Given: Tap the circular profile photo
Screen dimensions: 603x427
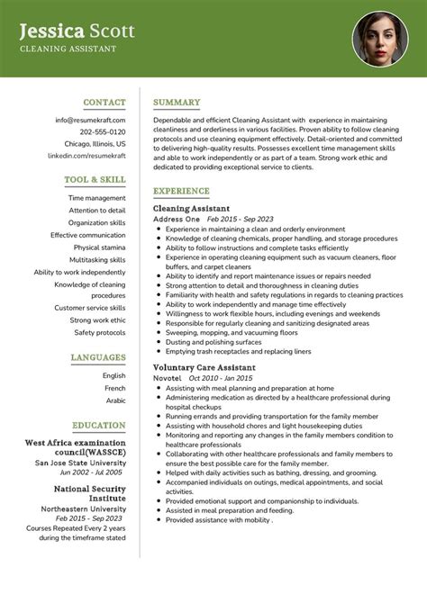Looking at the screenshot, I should coord(380,39).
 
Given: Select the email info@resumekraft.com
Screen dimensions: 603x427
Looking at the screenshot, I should coord(90,120).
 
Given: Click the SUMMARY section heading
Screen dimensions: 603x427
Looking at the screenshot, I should coord(177,103).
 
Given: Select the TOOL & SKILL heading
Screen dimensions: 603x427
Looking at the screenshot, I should coord(95,179).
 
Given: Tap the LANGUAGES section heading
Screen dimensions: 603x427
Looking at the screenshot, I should coord(97,357).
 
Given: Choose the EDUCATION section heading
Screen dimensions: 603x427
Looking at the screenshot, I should coord(99,425).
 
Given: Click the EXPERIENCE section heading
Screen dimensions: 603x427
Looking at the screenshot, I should coord(181,191).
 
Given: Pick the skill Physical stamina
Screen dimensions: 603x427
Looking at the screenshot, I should coord(99,247).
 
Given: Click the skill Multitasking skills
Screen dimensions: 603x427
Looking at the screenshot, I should coord(97,259).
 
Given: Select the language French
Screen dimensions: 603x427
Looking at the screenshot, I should coord(114,388).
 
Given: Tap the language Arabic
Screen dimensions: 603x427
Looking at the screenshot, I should coord(115,400).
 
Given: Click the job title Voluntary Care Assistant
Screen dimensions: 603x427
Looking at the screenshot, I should coord(204,367).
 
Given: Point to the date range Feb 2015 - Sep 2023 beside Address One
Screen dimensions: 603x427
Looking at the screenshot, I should coord(241,219).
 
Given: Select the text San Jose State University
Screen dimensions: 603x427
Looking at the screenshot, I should coord(80,463).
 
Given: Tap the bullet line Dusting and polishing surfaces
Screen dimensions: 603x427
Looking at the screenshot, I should coord(208,342).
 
